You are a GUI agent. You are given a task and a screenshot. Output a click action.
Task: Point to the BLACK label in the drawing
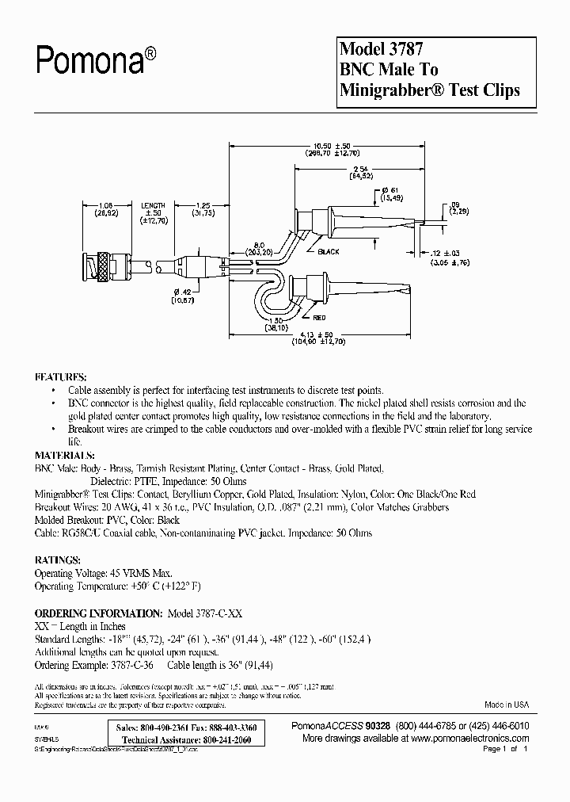click(x=328, y=252)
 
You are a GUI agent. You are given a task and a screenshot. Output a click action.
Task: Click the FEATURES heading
click(x=61, y=377)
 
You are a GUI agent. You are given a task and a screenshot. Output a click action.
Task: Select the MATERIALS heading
click(x=65, y=456)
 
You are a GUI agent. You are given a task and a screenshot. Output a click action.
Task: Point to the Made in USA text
click(x=507, y=705)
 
